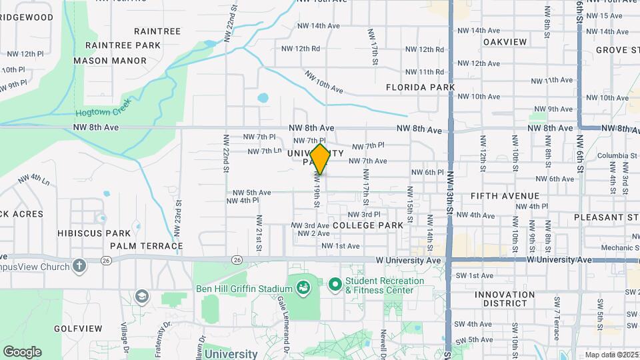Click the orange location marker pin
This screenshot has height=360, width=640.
click(x=320, y=159)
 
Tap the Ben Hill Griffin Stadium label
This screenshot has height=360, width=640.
click(x=244, y=289)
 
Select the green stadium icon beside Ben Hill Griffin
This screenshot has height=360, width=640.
click(x=303, y=288)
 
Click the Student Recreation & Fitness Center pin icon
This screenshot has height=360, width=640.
click(x=334, y=285)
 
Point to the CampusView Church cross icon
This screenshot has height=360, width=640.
click(x=79, y=267)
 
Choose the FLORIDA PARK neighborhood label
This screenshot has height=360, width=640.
click(x=420, y=87)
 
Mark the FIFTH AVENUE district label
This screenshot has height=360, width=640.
click(x=505, y=196)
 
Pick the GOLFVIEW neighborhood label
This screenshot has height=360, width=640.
click(x=78, y=329)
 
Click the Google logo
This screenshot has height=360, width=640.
click(x=22, y=352)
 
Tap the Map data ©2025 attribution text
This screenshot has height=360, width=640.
click(x=611, y=355)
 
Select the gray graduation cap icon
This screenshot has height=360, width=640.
click(x=141, y=295)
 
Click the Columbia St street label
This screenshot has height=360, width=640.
click(x=612, y=156)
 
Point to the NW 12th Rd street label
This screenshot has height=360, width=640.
click(x=301, y=49)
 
